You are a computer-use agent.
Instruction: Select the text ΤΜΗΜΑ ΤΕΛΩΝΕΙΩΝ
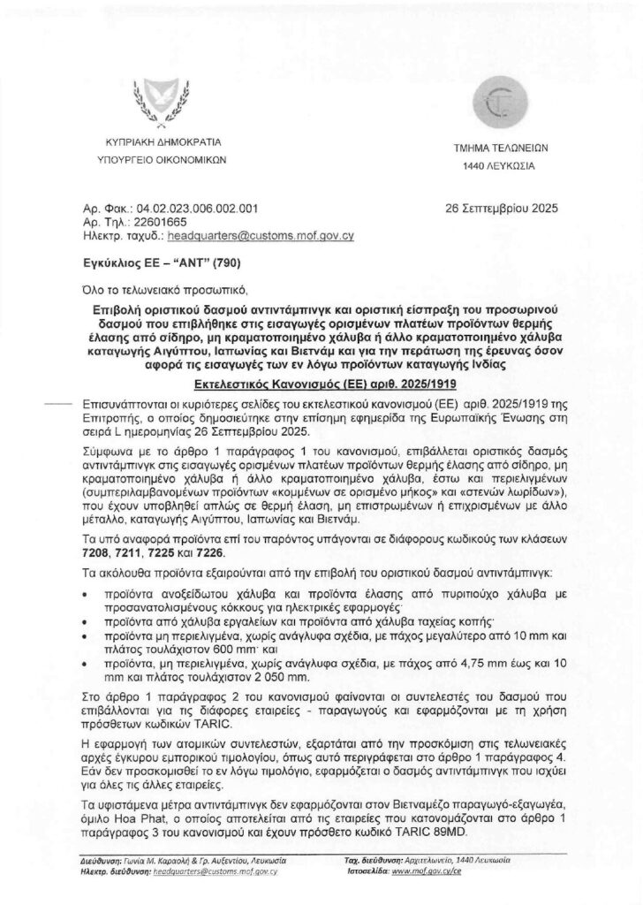click(497, 150)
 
